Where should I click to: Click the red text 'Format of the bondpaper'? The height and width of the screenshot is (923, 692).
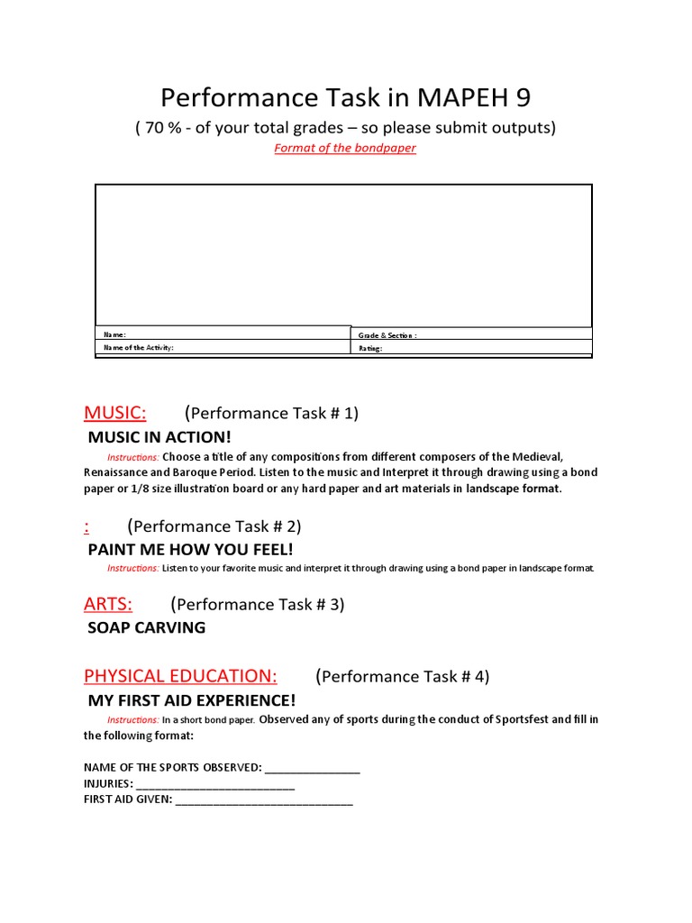[x=345, y=148]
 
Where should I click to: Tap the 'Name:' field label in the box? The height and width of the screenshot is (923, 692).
[x=115, y=334]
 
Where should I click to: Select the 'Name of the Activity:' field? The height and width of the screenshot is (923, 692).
[x=139, y=347]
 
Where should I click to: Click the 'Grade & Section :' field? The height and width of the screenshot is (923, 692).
[x=387, y=335]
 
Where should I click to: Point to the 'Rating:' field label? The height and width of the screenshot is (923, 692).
[x=371, y=348]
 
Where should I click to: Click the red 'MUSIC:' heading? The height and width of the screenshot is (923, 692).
[x=115, y=413]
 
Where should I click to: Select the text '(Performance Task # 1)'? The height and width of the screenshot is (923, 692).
[x=271, y=414]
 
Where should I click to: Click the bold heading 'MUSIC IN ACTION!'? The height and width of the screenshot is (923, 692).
[x=159, y=437]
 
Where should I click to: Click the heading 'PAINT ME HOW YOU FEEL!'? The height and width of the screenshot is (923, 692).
[x=190, y=549]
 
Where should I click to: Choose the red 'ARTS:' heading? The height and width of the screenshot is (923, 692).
[x=108, y=604]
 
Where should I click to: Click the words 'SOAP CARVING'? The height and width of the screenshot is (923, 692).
[x=146, y=627]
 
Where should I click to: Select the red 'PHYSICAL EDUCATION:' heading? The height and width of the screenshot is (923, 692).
[x=180, y=676]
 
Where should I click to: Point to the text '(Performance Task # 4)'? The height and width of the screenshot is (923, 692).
[x=403, y=677]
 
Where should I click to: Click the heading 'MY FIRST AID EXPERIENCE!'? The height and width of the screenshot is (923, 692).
[x=191, y=700]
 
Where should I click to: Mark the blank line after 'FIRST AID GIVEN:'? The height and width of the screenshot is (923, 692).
[x=264, y=800]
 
